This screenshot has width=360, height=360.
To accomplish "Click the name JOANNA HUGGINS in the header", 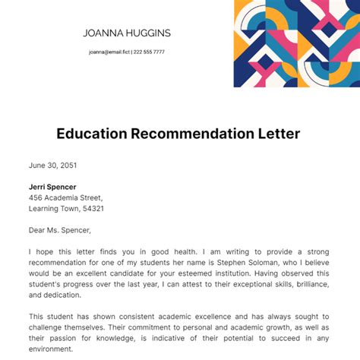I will (x=126, y=33).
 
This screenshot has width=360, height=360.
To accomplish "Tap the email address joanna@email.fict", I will (x=109, y=52).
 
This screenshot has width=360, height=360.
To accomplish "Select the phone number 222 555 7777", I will (x=149, y=52).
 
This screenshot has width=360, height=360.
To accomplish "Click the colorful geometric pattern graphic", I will (x=296, y=43).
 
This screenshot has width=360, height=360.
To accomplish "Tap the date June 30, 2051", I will (x=52, y=165).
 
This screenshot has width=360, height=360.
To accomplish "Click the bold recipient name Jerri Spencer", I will (x=52, y=187).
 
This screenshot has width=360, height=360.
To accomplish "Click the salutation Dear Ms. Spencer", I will (x=59, y=230).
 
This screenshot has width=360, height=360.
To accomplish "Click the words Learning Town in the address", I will (x=55, y=208).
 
